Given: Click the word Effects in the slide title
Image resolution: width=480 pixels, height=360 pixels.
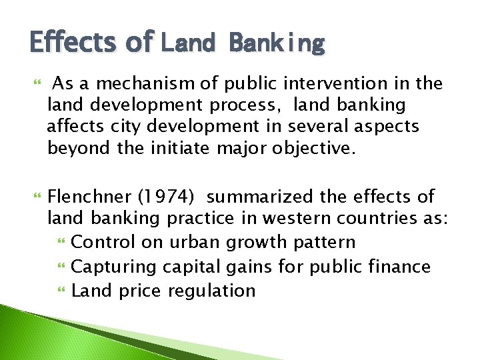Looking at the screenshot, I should coord(72,42).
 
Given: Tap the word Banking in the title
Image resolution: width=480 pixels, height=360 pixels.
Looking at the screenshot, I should coord(277,43).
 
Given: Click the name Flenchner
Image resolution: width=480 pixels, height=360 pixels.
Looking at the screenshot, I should coord(90,197).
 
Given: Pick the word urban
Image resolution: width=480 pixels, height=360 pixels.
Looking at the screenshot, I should coord(201,242).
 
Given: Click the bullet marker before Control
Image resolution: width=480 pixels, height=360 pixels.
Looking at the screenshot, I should coord(63,242).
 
